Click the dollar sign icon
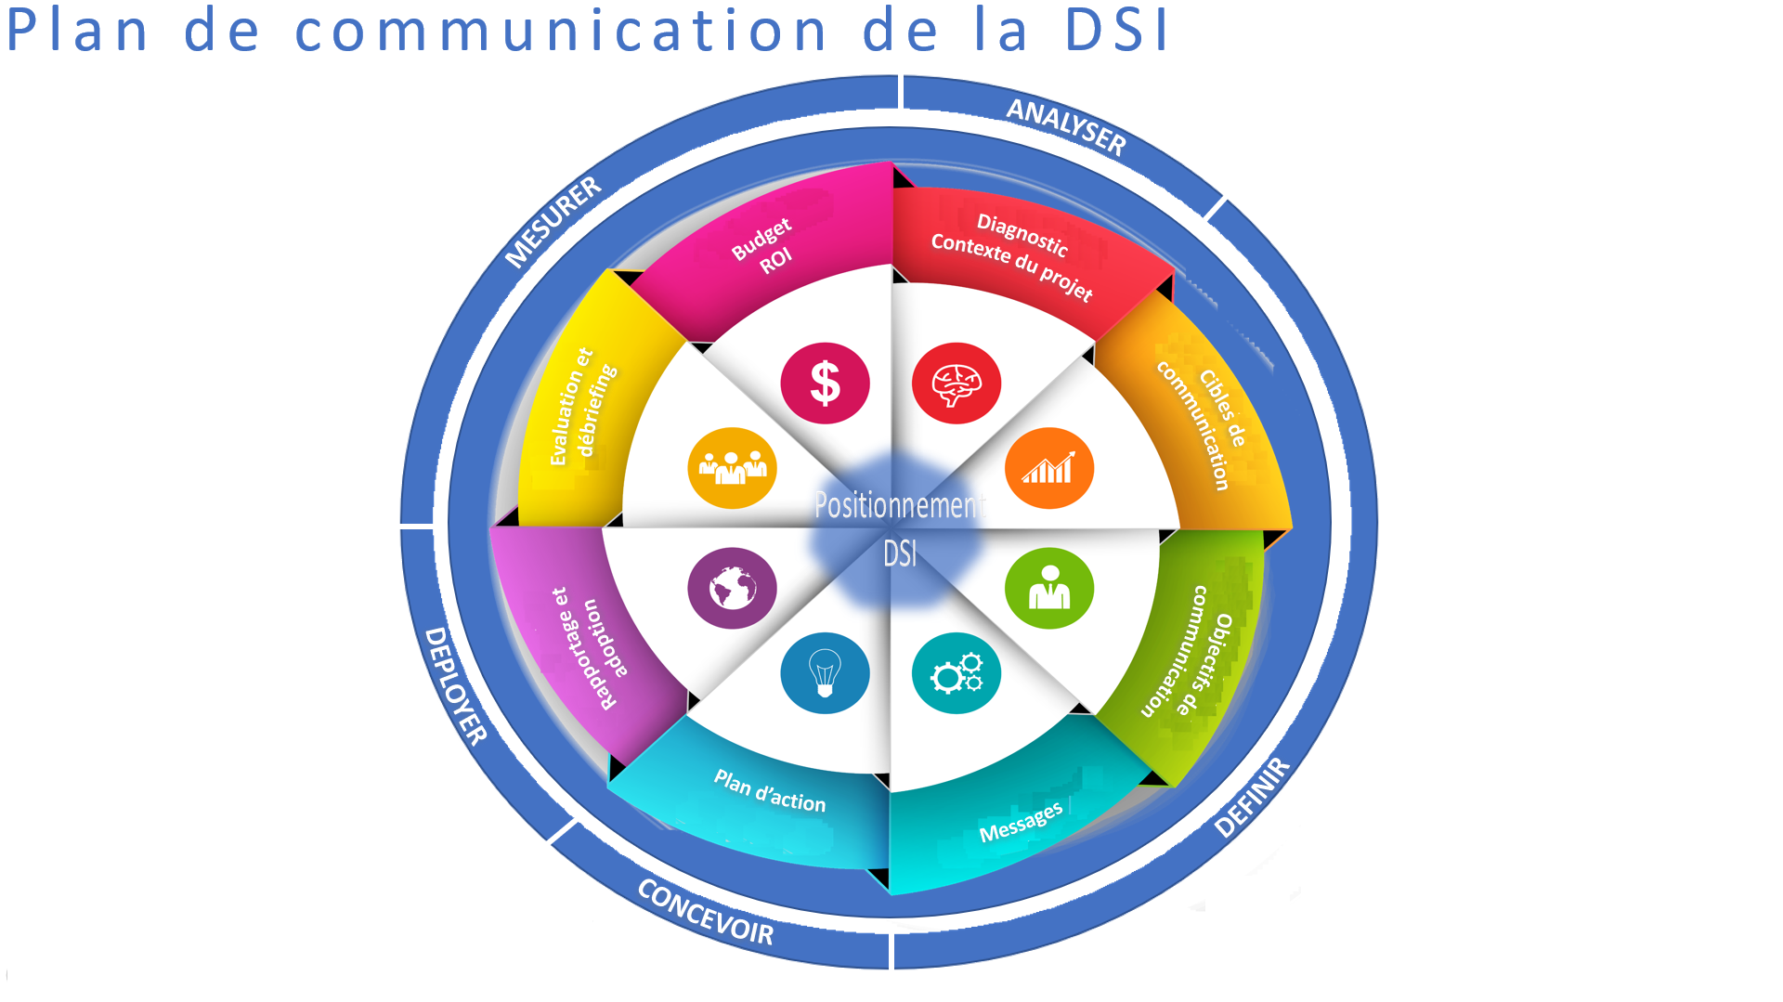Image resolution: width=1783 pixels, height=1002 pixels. pos(825,383)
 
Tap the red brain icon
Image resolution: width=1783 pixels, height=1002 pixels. pos(957,383)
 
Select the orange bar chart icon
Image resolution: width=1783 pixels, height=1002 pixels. pos(1049,468)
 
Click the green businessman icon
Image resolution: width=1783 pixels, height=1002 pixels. pos(1049,588)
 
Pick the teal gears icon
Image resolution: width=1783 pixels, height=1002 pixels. pos(957,673)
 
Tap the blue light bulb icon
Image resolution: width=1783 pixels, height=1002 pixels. pos(825,673)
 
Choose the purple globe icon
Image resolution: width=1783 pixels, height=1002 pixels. pos(732,588)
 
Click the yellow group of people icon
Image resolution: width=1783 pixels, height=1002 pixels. pos(732,468)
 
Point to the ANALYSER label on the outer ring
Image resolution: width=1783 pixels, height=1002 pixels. pos(1067,126)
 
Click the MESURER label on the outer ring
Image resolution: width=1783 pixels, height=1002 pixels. pos(553,222)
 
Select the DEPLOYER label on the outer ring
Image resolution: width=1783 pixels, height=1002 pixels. pos(455,686)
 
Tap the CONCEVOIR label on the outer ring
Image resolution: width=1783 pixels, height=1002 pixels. pos(706,912)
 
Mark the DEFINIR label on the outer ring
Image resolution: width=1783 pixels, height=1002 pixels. pos(1252,798)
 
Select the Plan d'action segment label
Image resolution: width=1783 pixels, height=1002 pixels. pos(770,791)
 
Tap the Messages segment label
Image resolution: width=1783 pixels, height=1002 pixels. pos(1021,823)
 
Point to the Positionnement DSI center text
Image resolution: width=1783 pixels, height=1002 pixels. pos(898,527)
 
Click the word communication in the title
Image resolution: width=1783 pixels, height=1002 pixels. pos(560,30)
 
